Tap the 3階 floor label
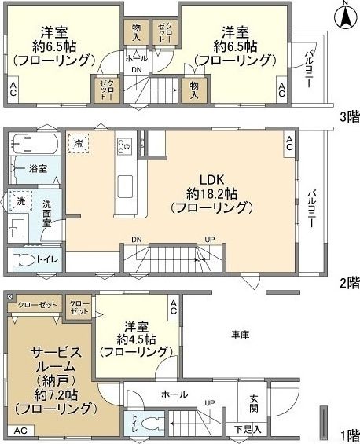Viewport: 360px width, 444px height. pyautogui.click(x=348, y=117)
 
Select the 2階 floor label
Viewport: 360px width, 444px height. pyautogui.click(x=348, y=283)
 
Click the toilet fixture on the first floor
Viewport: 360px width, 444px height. pyautogui.click(x=153, y=424)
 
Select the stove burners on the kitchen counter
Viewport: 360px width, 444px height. pyautogui.click(x=124, y=144)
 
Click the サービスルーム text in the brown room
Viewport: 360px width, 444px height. pyautogui.click(x=52, y=360)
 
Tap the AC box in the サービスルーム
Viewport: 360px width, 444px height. pyautogui.click(x=20, y=430)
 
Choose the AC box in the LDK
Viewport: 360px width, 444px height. pyautogui.click(x=289, y=142)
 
